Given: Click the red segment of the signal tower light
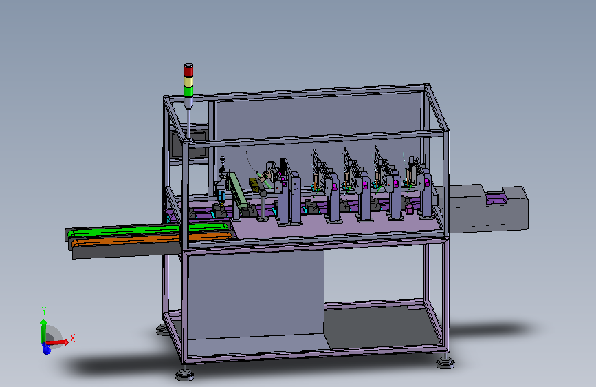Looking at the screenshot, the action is [188, 71].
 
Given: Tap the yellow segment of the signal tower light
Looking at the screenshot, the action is [188, 82].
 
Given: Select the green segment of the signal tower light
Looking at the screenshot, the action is [188, 92].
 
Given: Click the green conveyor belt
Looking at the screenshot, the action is [148, 231].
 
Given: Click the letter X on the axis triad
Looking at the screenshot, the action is [73, 338].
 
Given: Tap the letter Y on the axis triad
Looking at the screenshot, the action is [44, 311].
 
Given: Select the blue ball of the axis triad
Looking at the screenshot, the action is [46, 349].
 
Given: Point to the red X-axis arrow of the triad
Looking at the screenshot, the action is [57, 342].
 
